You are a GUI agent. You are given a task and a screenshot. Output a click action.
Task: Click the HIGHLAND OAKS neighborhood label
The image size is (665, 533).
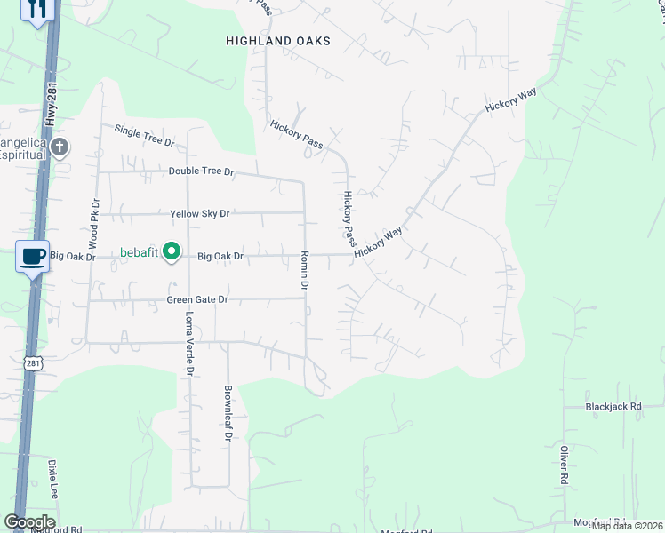(278, 41)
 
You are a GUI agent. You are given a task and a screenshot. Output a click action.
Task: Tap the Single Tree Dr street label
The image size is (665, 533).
(145, 135)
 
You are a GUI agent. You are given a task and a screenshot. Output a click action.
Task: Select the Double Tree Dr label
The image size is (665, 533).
(201, 171)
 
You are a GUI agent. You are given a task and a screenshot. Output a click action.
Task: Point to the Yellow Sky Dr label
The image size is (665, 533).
(200, 214)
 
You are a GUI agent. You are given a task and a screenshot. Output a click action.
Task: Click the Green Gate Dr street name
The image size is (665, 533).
(197, 300)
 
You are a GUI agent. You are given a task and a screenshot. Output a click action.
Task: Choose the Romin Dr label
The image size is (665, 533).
(303, 270)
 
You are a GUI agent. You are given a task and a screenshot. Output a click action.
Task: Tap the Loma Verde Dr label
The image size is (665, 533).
(188, 345)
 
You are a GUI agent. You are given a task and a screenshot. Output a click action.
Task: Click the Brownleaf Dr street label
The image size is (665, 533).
(228, 412)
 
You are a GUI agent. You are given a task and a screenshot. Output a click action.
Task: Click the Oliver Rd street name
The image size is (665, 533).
(565, 465)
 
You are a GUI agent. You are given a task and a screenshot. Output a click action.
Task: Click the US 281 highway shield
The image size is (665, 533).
(33, 364)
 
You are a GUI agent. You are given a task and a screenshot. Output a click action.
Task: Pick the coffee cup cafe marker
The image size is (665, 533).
(32, 257)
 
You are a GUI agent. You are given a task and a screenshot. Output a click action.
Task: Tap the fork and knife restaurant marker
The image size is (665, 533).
(36, 10)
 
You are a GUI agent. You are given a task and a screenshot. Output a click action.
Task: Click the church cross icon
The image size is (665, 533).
(60, 147)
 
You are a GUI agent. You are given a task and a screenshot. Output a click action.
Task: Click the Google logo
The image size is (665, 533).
(29, 522)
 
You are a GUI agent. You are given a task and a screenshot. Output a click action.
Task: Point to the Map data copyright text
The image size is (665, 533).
(628, 526)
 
